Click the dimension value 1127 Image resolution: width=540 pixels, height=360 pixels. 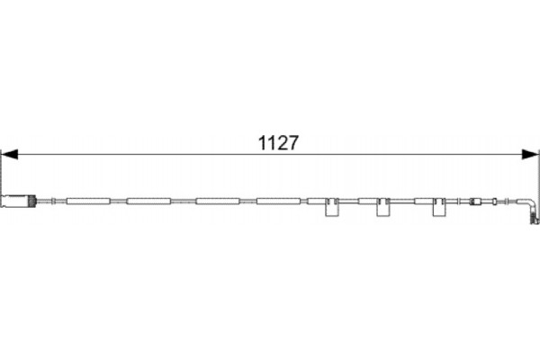278,143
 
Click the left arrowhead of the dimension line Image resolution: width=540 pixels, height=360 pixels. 9,154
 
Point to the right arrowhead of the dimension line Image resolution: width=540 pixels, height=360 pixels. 530,154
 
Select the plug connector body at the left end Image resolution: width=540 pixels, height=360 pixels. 14,202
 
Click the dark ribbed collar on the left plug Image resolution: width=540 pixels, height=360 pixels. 32,202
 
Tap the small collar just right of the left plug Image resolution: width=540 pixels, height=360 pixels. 53,202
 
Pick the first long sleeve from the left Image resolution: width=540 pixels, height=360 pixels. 88,202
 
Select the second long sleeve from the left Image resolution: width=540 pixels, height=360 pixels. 148,202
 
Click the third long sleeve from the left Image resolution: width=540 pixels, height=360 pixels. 218,202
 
